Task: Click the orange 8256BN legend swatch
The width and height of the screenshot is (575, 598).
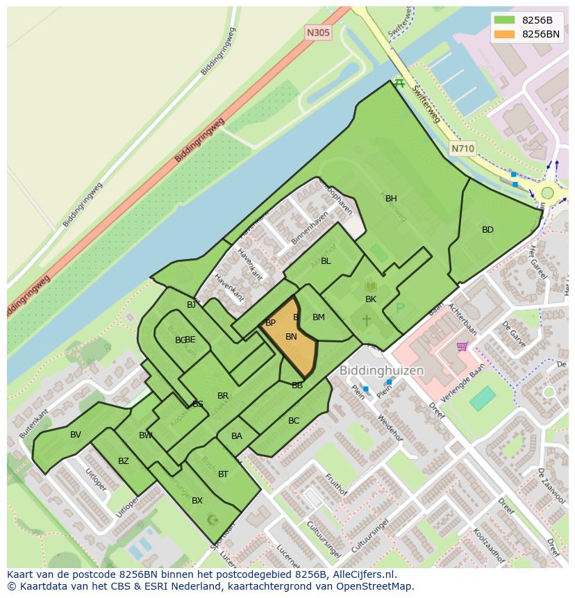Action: point(504,34)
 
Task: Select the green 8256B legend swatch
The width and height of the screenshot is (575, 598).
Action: point(504,20)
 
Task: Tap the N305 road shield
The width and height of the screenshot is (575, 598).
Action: point(318,33)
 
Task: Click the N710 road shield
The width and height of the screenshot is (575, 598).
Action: point(462,149)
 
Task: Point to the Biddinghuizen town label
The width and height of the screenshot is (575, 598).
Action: point(381,371)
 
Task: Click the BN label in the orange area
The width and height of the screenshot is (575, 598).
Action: point(291,337)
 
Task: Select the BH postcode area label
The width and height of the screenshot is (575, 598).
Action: point(391,199)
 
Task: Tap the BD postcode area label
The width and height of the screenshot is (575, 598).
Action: point(487,230)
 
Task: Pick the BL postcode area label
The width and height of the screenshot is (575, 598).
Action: point(326,261)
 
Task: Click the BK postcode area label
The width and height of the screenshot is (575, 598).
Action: point(371,299)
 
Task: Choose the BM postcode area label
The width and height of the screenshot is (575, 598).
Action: point(318,317)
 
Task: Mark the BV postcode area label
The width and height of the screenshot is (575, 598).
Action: point(76,435)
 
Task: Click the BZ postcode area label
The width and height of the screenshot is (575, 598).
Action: point(123,461)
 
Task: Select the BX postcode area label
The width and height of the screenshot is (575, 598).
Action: point(197,501)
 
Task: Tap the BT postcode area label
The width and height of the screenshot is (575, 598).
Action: point(223,474)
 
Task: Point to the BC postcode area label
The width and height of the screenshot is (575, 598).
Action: point(294,421)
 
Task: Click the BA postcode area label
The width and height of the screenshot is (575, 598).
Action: point(237,436)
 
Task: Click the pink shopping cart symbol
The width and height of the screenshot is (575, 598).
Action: point(462,346)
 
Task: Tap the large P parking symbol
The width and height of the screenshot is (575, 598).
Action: point(400,308)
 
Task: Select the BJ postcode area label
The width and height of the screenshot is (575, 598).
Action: point(191,305)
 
